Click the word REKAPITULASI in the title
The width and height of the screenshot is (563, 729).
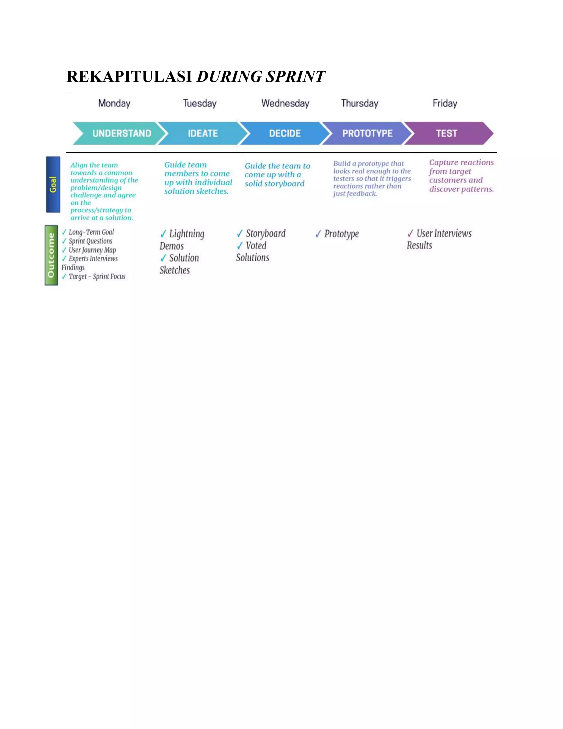tap(129, 76)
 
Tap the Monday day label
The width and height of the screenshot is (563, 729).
tap(114, 103)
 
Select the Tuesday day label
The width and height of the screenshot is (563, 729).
tap(200, 103)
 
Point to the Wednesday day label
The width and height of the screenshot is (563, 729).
tap(285, 103)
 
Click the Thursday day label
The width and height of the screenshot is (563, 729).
tap(360, 103)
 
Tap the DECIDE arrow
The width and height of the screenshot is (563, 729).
tap(285, 133)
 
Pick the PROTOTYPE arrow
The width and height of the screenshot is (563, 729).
tap(367, 133)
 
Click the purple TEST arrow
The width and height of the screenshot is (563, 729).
tap(447, 133)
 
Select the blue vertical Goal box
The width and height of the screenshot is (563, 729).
tap(53, 184)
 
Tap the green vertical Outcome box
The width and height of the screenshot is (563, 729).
tap(51, 255)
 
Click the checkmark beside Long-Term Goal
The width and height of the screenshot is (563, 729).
tap(64, 232)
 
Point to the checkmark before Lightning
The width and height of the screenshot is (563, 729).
tap(163, 234)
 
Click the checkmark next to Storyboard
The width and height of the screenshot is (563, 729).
tap(239, 233)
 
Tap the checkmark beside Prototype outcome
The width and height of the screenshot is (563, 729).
tap(318, 234)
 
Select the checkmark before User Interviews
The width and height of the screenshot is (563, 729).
tap(410, 233)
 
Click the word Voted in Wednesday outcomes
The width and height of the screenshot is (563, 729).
tap(256, 246)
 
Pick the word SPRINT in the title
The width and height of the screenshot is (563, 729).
tap(295, 76)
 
